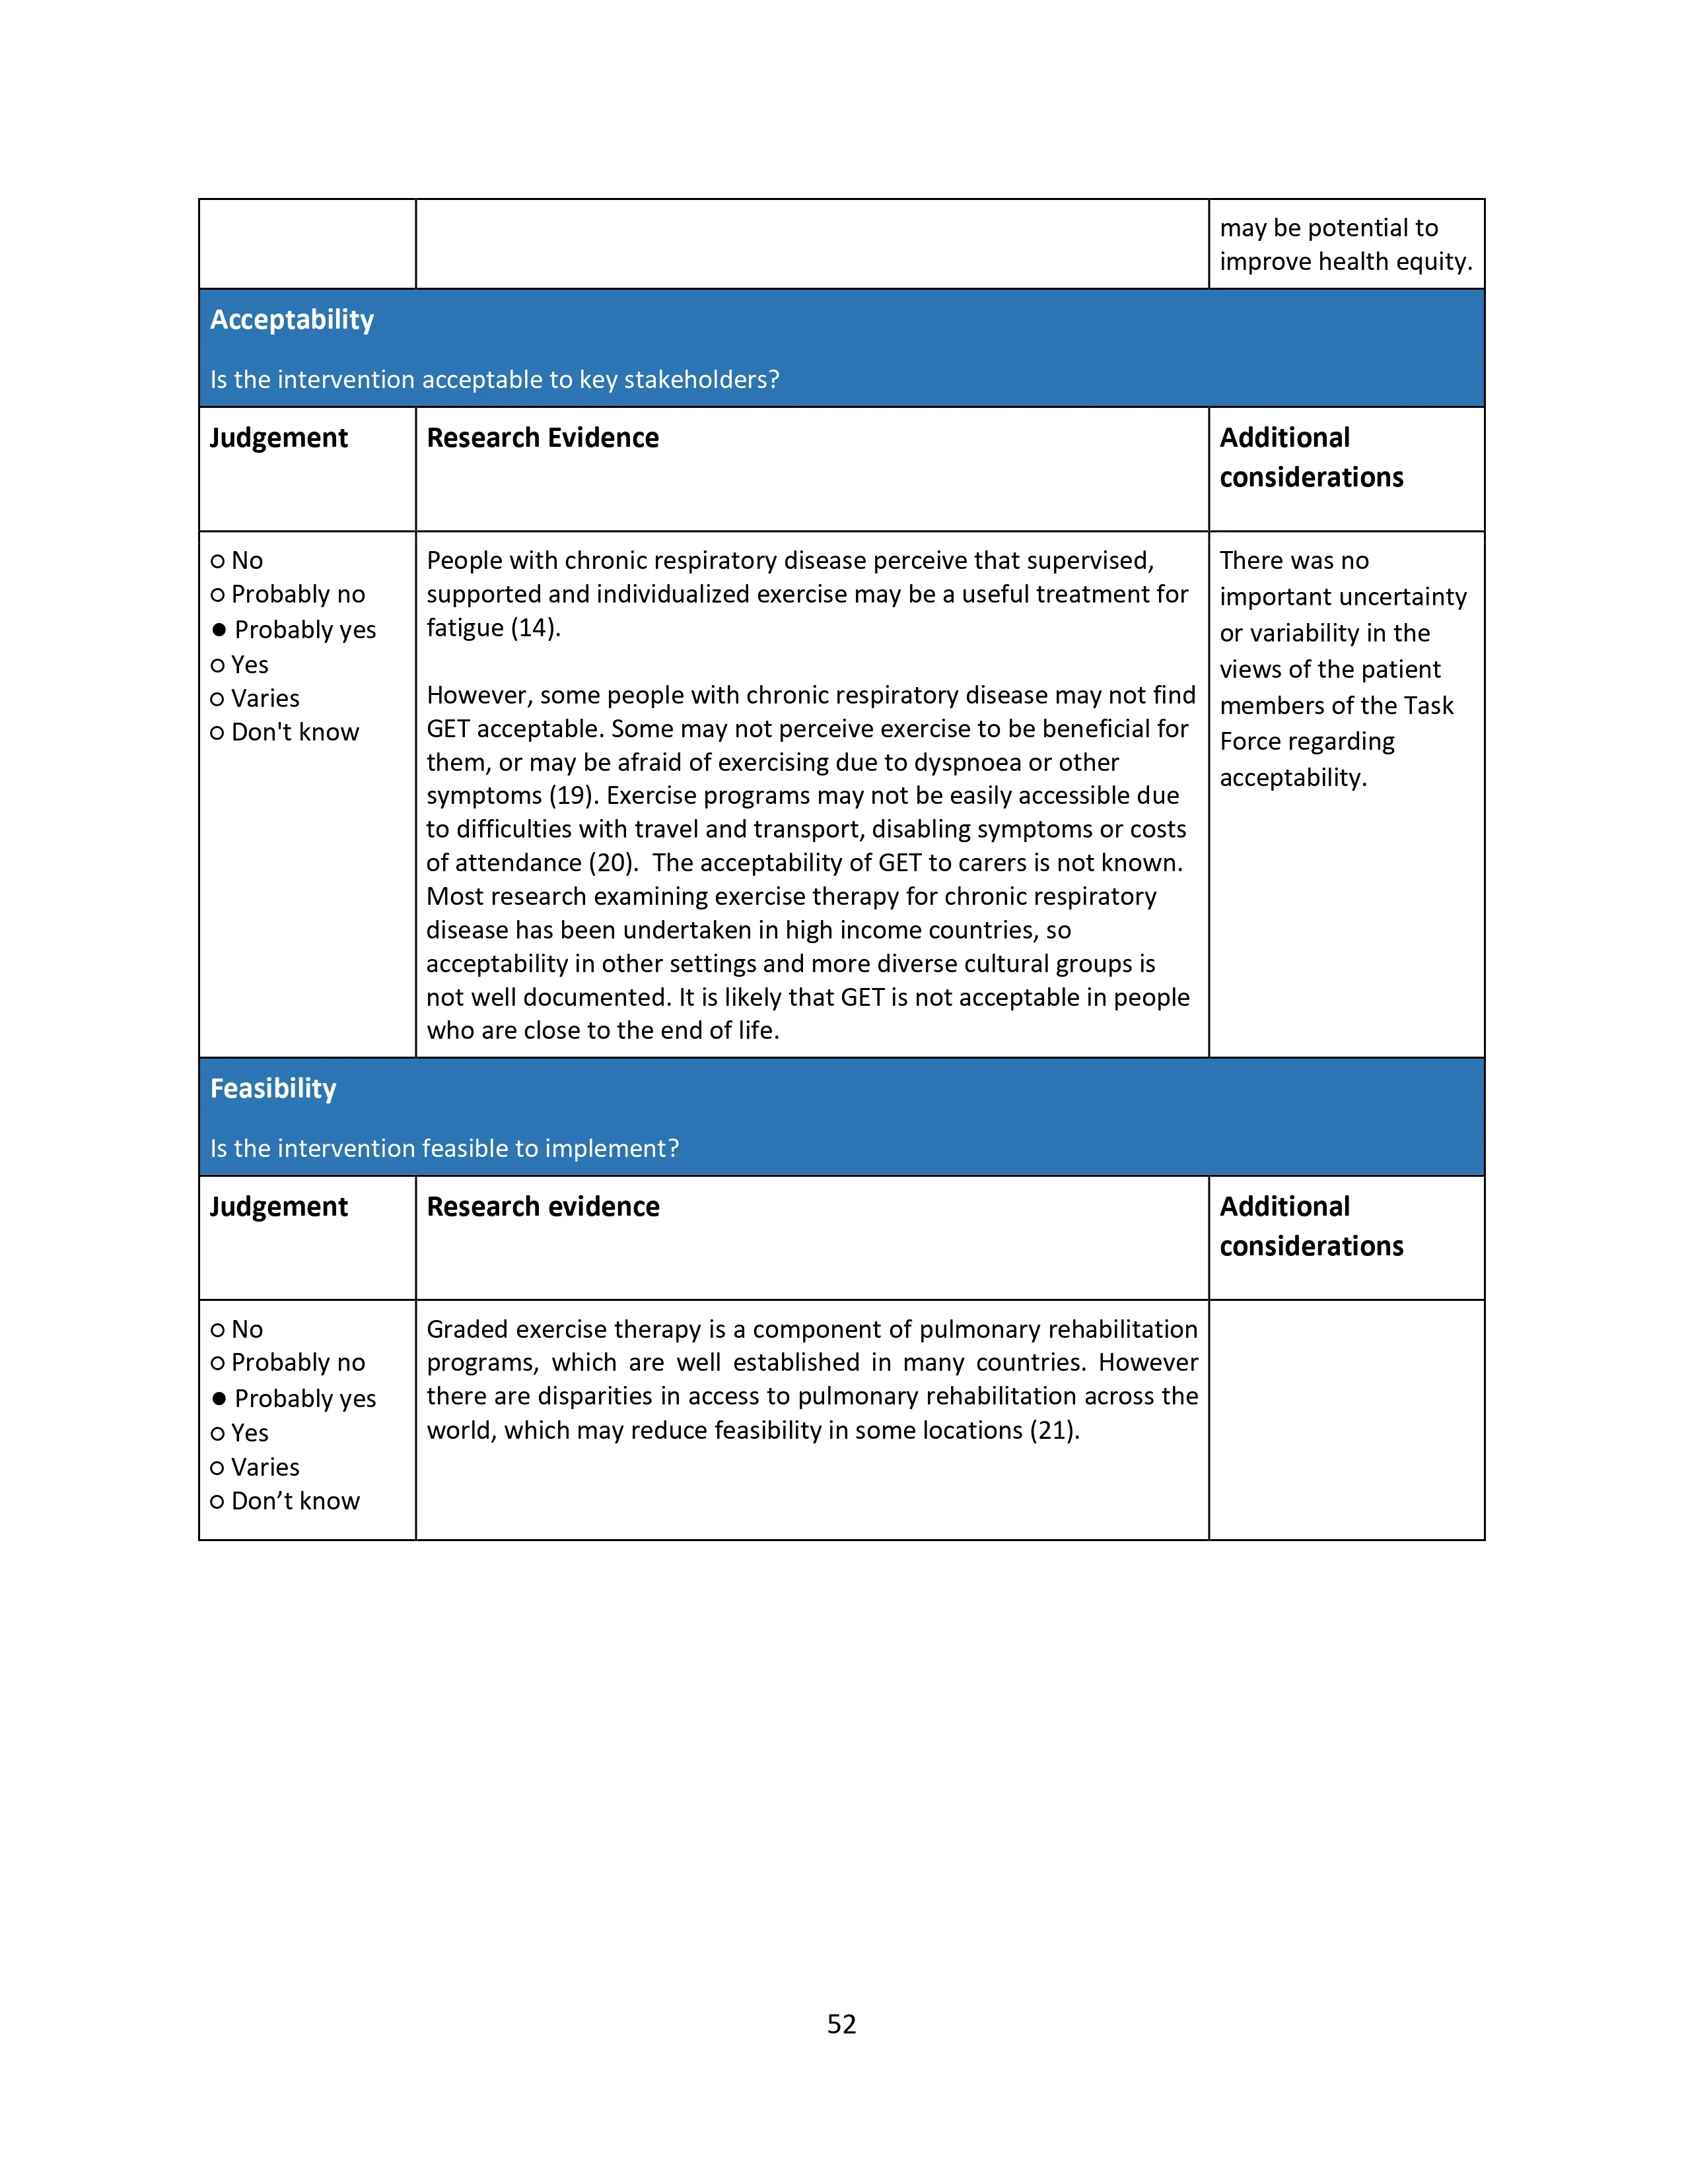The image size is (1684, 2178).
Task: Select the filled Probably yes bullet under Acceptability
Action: click(x=219, y=630)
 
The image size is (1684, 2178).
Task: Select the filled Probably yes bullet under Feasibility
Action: click(x=219, y=1399)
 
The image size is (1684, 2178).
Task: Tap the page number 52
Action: click(x=841, y=2024)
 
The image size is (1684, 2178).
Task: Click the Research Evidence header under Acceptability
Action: click(x=543, y=439)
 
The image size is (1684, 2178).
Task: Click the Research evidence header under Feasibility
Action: click(x=543, y=1208)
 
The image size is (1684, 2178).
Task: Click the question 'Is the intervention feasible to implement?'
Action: click(x=444, y=1149)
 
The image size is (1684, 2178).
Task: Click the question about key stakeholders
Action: click(x=494, y=380)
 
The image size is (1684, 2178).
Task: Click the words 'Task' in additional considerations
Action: click(x=1428, y=706)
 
